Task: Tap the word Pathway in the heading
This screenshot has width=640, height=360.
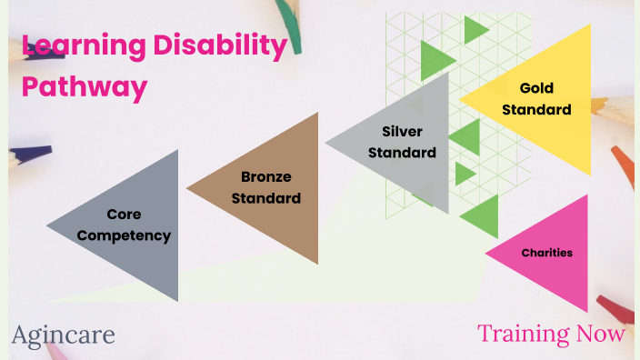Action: (x=85, y=87)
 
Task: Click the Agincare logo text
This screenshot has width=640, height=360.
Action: (x=64, y=335)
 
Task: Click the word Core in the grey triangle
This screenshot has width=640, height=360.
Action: (x=124, y=215)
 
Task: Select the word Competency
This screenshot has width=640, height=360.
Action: (x=124, y=235)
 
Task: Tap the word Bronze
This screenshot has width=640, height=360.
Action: (x=266, y=176)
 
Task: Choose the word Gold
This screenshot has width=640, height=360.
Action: (x=536, y=88)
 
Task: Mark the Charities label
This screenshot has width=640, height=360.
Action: (x=547, y=253)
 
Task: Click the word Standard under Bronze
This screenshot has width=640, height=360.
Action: (x=266, y=197)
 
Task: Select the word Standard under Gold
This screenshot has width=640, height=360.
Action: (x=536, y=110)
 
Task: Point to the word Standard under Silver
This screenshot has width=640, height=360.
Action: (x=402, y=153)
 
